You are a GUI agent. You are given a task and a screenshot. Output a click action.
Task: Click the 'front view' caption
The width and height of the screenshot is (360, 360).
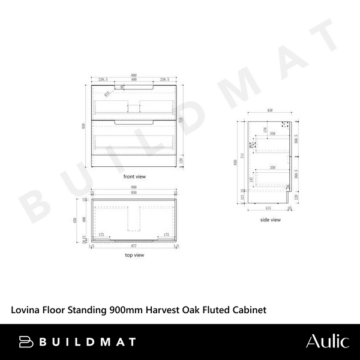coord(134,177)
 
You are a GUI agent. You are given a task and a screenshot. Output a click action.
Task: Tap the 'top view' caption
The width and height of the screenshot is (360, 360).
coord(134,255)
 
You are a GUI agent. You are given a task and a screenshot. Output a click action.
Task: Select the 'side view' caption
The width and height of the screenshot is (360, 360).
coord(270,220)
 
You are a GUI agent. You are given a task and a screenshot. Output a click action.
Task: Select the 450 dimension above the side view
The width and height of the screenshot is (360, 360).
coord(270,110)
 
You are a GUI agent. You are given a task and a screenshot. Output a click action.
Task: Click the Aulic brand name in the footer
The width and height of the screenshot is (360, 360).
coord(327,342)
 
